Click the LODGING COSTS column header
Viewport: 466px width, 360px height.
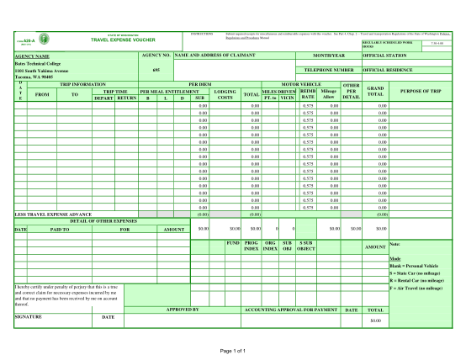(x=225, y=94)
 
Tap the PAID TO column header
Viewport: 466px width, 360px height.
(x=61, y=229)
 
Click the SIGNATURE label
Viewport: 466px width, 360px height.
(x=29, y=317)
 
